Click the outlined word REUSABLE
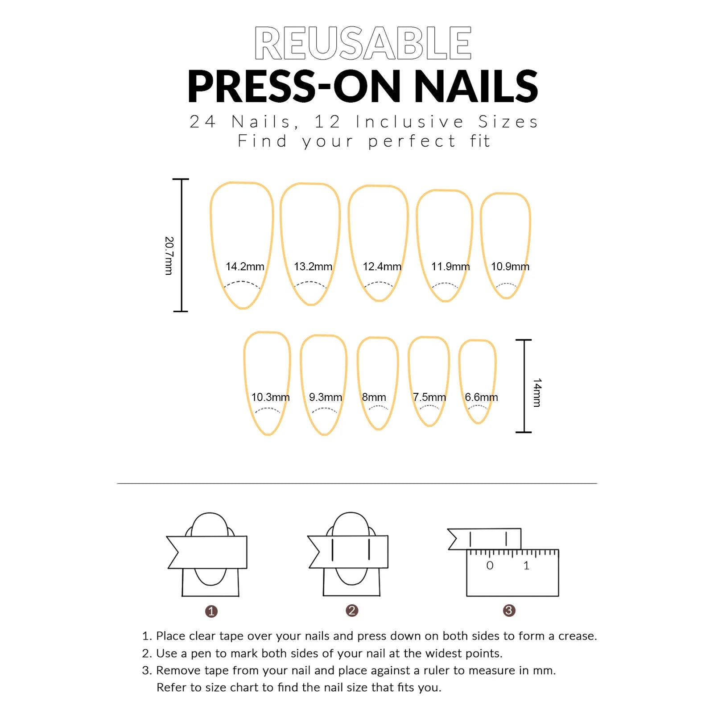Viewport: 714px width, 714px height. click(363, 43)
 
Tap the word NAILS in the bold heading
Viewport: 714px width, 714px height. click(476, 87)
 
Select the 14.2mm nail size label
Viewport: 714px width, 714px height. click(245, 267)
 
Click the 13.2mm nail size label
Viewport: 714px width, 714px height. click(313, 267)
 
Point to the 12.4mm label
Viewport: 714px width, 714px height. click(382, 267)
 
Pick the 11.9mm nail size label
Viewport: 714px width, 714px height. click(450, 267)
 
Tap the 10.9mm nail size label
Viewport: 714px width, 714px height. click(510, 267)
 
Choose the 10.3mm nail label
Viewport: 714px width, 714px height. click(270, 397)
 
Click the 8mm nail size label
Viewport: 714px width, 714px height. click(374, 397)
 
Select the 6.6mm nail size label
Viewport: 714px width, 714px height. click(481, 397)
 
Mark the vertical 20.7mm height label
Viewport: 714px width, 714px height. click(169, 256)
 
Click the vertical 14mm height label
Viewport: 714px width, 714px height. click(537, 392)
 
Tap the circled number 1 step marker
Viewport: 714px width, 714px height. click(211, 611)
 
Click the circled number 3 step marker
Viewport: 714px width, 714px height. click(509, 611)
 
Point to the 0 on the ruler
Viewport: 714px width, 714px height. click(490, 566)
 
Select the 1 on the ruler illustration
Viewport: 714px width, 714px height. click(526, 566)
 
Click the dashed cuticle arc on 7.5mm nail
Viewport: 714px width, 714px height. click(429, 407)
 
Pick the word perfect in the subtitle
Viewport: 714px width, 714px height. click(412, 141)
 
